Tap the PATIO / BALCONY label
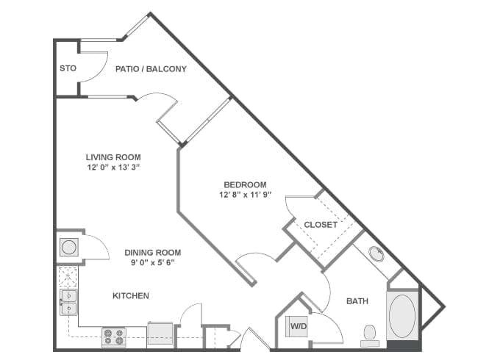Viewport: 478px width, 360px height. (151, 69)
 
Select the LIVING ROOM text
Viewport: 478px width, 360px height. (113, 156)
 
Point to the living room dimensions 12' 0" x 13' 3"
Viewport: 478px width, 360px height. (113, 168)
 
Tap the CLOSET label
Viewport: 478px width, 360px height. (321, 225)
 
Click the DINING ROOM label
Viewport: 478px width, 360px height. (152, 251)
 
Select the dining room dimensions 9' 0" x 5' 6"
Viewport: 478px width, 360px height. (152, 262)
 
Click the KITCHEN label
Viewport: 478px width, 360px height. (131, 296)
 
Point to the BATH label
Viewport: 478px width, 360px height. (357, 301)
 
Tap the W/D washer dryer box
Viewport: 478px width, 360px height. (298, 325)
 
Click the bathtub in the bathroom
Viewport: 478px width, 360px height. (402, 316)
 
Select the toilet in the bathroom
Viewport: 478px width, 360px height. (370, 335)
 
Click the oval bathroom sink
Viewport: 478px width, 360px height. (377, 255)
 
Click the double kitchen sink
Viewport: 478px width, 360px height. (67, 301)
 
